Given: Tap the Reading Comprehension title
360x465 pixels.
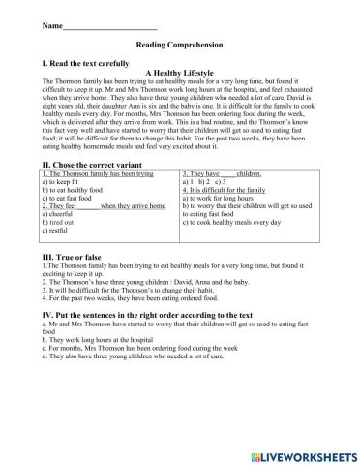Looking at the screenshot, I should pyautogui.click(x=179, y=45).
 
